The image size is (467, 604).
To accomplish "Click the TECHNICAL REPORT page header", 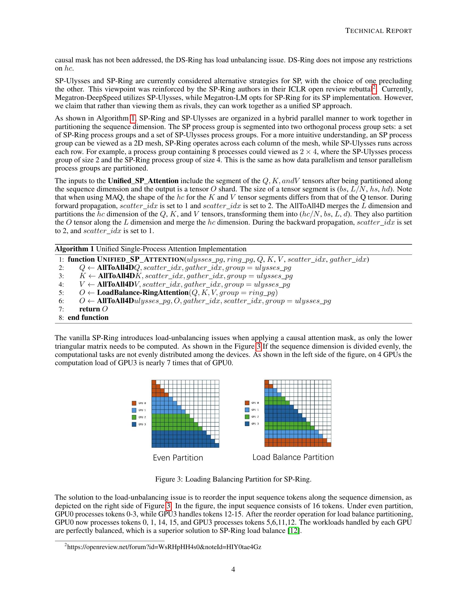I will (x=379, y=31).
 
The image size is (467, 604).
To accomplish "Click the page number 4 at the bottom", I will (x=233, y=569).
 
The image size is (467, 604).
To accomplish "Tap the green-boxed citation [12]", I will (x=294, y=530).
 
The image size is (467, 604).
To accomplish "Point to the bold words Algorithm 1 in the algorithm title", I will (x=74, y=249).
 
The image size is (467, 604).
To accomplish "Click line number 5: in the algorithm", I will (x=62, y=293).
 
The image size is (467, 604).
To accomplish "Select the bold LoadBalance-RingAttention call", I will (x=143, y=293).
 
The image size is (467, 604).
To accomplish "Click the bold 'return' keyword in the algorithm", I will (x=89, y=309).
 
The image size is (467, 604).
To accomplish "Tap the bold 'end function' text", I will (x=88, y=317).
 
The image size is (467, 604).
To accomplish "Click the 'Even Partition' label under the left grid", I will (x=178, y=458).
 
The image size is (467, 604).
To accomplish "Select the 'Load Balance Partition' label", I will (x=293, y=457).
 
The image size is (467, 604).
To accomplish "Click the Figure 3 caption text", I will (x=233, y=479).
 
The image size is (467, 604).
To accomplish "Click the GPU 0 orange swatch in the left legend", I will (x=134, y=403).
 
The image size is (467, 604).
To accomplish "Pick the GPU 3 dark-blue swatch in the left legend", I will (x=134, y=424).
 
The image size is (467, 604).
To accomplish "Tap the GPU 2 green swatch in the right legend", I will (x=247, y=417).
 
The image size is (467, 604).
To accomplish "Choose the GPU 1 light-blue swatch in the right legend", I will (x=247, y=410).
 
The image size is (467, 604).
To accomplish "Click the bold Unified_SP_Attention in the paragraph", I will (x=143, y=181).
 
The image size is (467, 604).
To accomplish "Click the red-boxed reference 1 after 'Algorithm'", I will (x=133, y=119).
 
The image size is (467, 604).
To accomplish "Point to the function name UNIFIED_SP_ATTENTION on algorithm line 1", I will (x=140, y=259).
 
